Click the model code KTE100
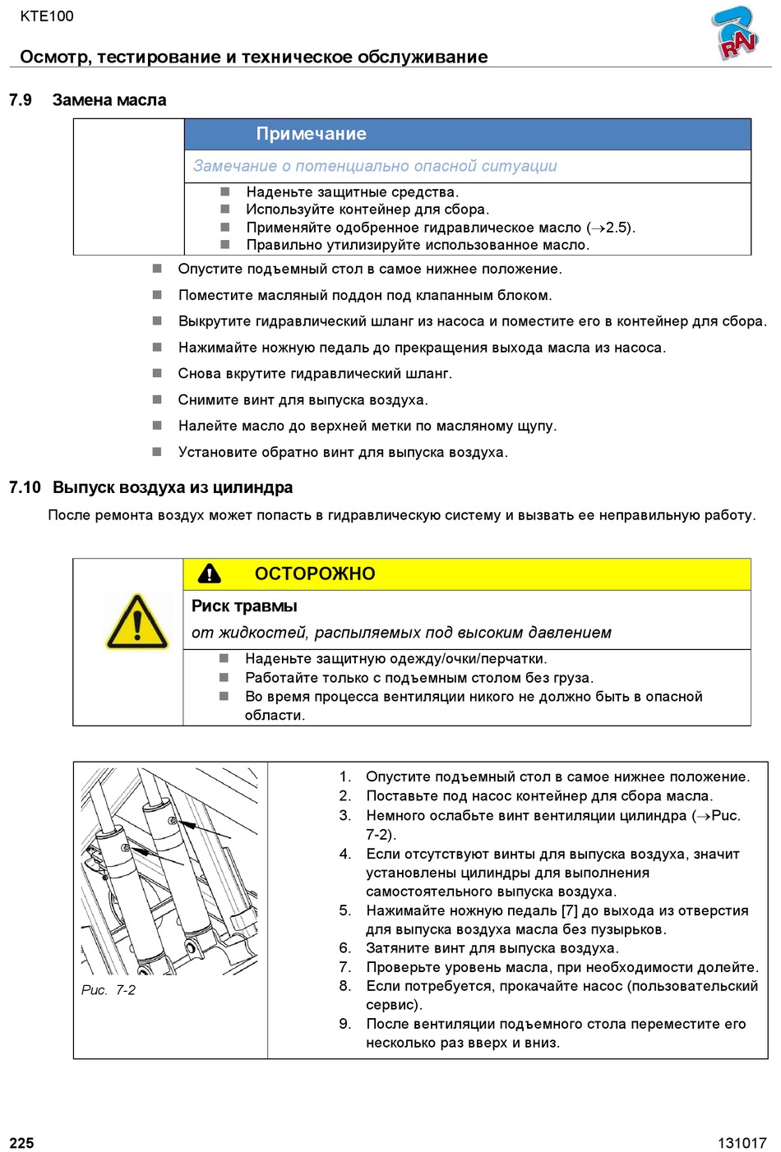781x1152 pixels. pos(47,16)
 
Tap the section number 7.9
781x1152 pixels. pos(21,100)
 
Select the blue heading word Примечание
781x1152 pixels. pos(311,134)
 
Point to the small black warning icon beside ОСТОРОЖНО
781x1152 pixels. pos(210,574)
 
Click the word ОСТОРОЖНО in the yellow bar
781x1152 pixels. pos(315,574)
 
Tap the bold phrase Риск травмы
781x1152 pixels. pos(244,606)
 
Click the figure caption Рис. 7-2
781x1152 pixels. pos(109,990)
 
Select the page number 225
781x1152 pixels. pos(21,1143)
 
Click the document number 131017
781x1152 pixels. pos(742,1143)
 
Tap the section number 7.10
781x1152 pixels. pos(25,487)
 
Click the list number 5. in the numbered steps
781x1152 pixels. pos(345,910)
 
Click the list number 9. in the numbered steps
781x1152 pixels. pos(345,1024)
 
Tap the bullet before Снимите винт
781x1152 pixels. pos(157,399)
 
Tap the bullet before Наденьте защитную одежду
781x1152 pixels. pos(224,658)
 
